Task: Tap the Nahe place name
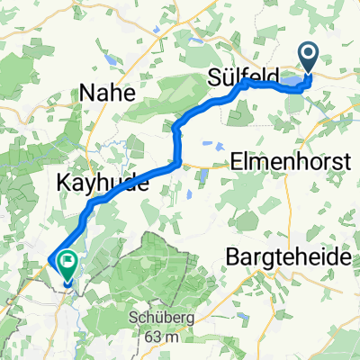[107, 92]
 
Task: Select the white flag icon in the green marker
[67, 261]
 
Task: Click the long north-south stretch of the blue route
[176, 144]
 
